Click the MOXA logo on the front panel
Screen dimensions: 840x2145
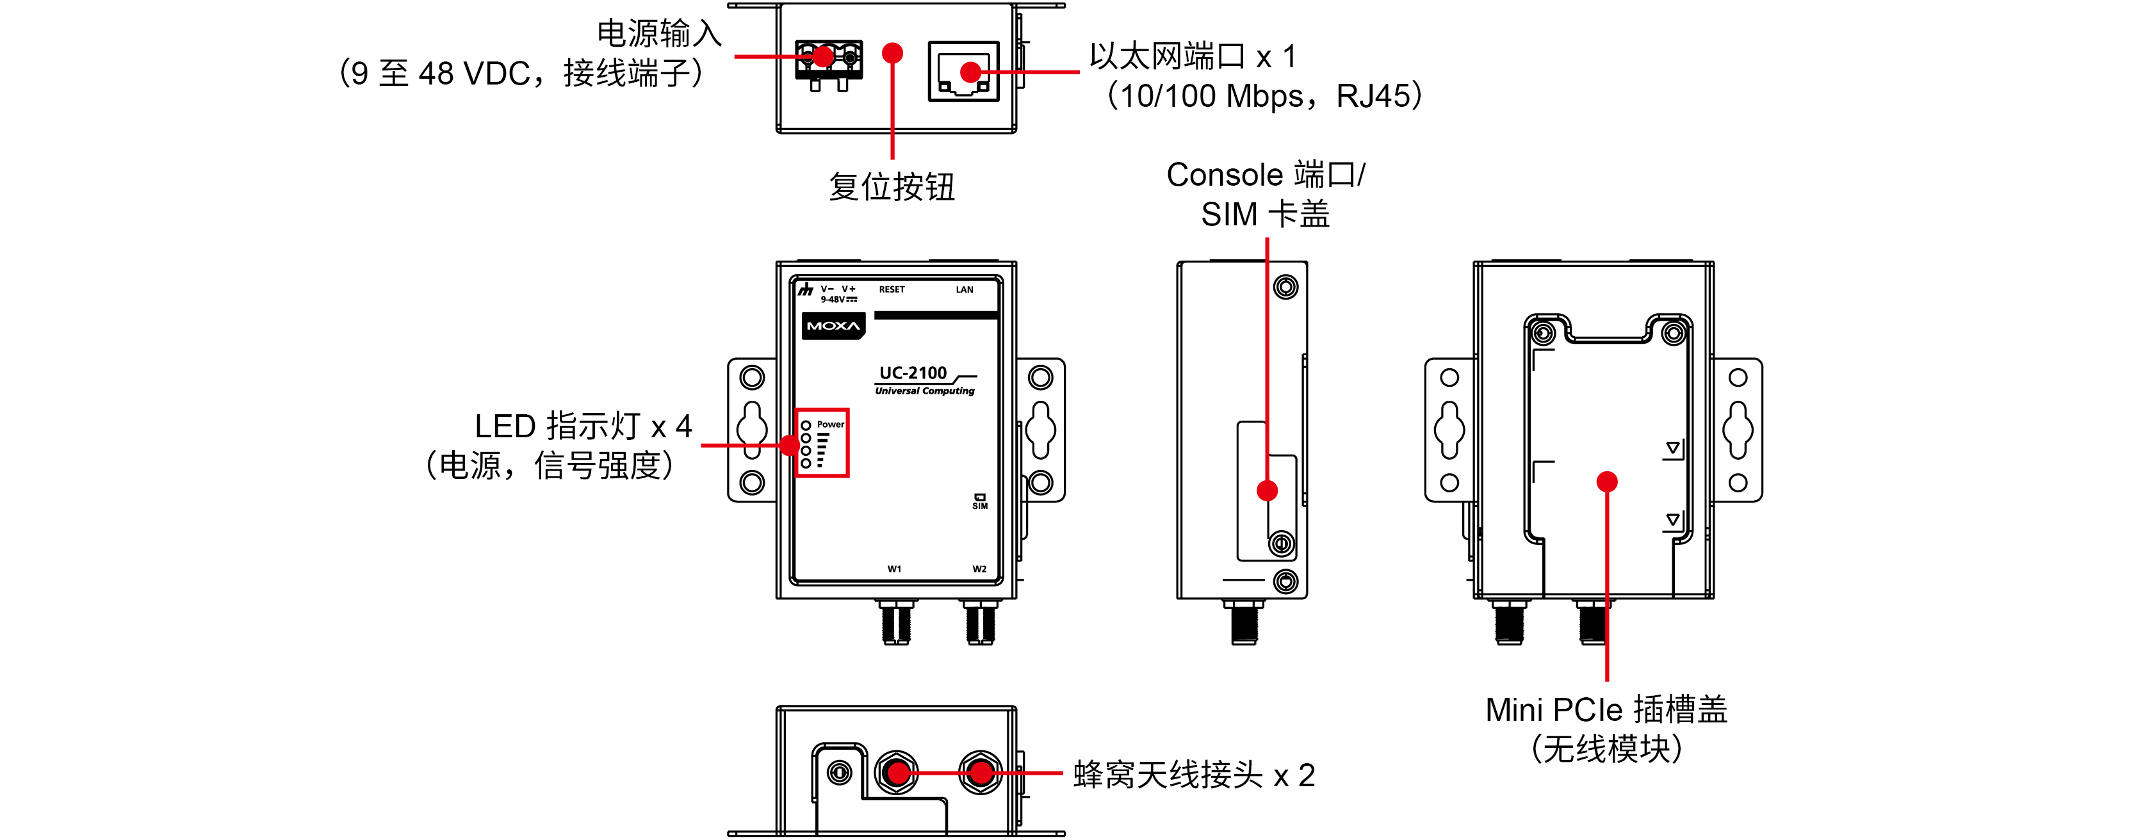833,325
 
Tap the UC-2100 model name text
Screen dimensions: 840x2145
913,373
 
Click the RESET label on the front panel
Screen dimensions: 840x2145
891,290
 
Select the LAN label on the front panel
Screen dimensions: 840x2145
964,290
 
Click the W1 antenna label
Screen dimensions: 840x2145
894,569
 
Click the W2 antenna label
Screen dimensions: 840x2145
979,569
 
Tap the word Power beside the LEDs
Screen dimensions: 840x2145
830,424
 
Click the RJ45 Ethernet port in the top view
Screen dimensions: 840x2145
963,72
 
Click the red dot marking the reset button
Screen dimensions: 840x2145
893,53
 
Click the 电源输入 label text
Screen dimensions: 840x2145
658,34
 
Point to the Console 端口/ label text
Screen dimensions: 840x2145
1265,175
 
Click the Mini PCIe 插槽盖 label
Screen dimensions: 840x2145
1606,710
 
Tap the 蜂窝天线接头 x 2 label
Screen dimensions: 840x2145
1193,775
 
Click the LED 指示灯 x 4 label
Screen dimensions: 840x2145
583,426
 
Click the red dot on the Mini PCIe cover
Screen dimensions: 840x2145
1607,481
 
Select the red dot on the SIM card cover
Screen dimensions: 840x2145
1268,490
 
